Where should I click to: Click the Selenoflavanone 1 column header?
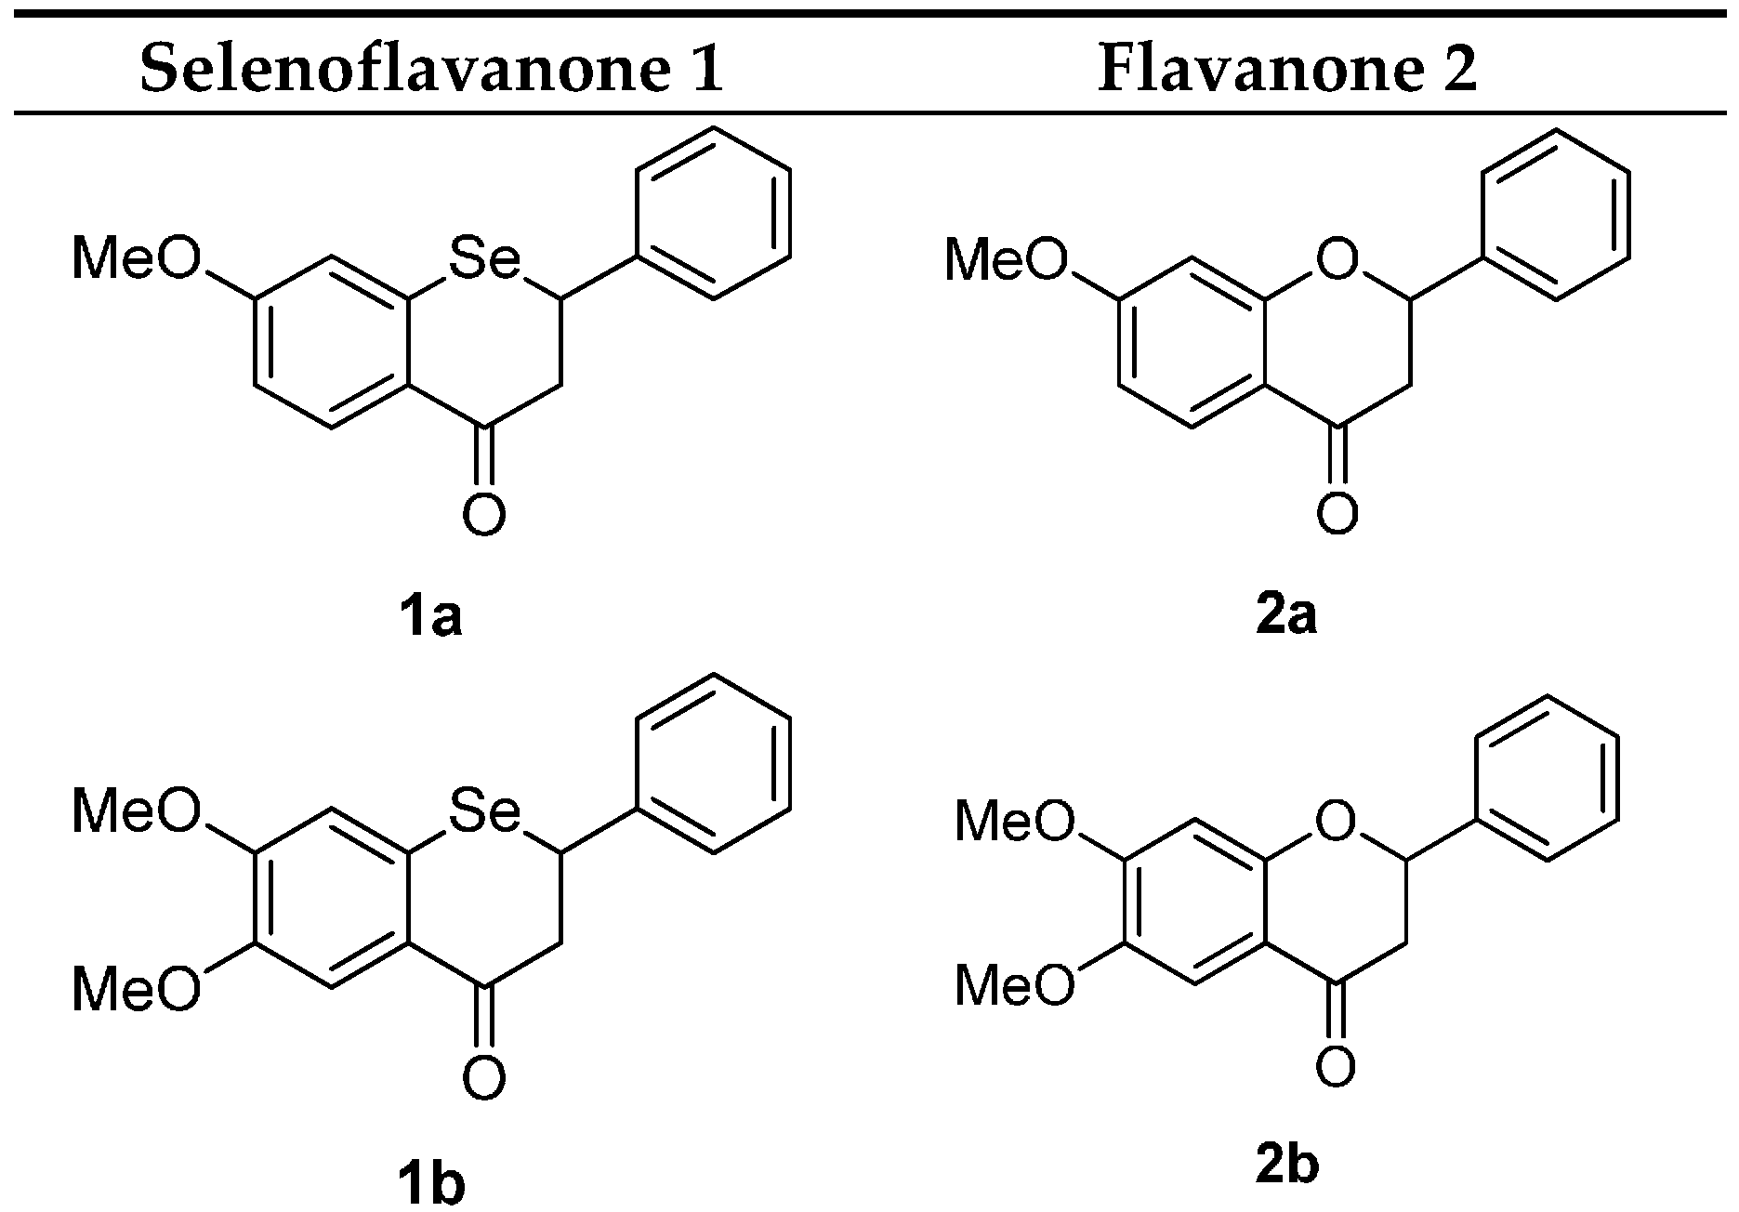pyautogui.click(x=431, y=70)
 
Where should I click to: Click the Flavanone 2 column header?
pyautogui.click(x=1287, y=70)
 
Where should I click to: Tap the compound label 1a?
pyautogui.click(x=429, y=617)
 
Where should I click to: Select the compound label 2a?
pyautogui.click(x=1286, y=617)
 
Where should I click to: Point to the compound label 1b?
pyautogui.click(x=429, y=1182)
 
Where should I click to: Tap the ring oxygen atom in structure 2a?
pyautogui.click(x=1337, y=261)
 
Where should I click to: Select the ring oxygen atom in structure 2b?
pyautogui.click(x=1335, y=822)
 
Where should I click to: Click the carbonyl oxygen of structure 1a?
pyautogui.click(x=484, y=515)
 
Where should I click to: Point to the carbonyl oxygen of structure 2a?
pyautogui.click(x=1337, y=513)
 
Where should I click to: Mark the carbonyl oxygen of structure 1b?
pyautogui.click(x=484, y=1077)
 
